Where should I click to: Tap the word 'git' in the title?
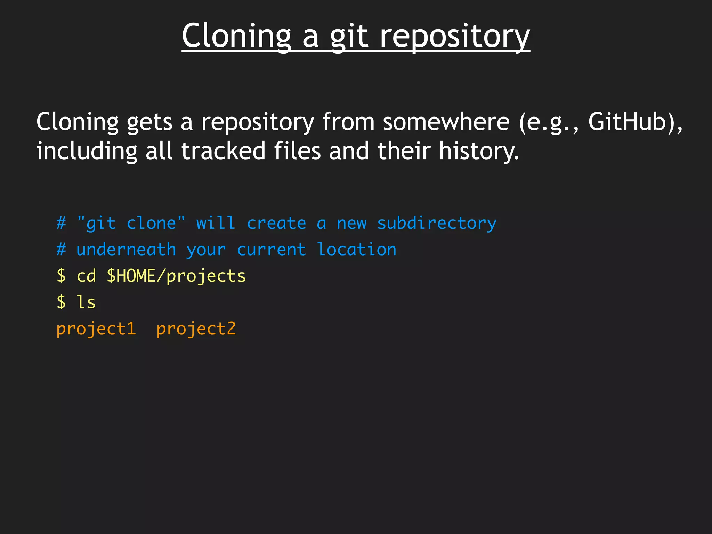tap(349, 37)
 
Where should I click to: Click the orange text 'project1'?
tap(96, 329)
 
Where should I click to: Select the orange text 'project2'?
tap(196, 329)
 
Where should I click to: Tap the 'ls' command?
tap(86, 302)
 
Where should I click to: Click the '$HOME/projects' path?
tap(176, 276)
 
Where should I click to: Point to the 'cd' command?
tap(86, 276)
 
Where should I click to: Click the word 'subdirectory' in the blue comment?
tap(437, 223)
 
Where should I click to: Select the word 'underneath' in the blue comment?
tap(126, 250)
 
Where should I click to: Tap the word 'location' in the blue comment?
tap(357, 250)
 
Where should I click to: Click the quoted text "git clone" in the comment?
tap(131, 223)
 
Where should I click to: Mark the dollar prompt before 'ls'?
tap(61, 302)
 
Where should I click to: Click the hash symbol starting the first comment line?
tap(61, 223)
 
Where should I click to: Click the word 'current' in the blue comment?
tap(271, 250)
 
